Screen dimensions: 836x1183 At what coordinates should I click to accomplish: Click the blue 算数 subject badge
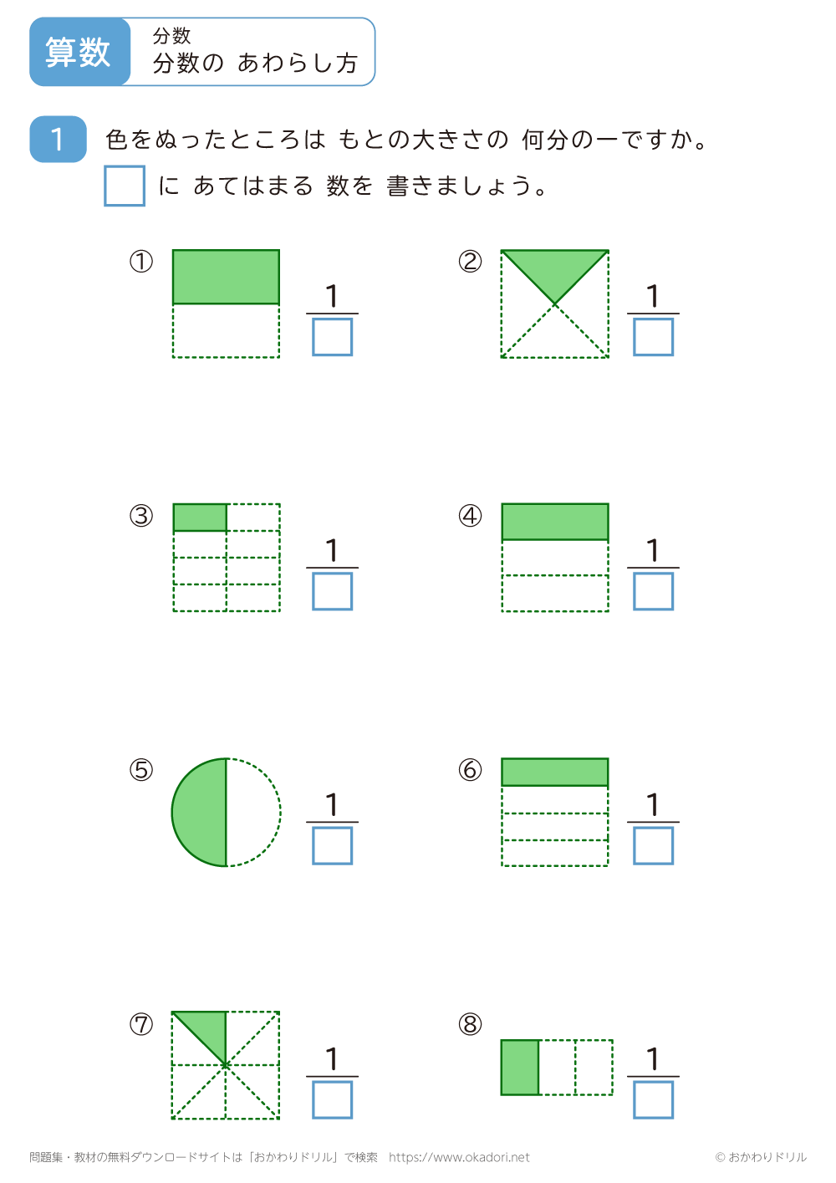pyautogui.click(x=79, y=52)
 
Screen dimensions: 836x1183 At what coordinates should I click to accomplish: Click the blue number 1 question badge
pyautogui.click(x=58, y=139)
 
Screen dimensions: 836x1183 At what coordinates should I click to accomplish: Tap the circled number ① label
pyautogui.click(x=141, y=262)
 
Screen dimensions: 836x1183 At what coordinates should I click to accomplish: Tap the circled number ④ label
pyautogui.click(x=470, y=516)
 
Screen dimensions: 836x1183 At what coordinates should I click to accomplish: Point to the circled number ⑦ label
pyautogui.click(x=141, y=1024)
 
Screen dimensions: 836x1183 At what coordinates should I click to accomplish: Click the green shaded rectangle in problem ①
pyautogui.click(x=226, y=277)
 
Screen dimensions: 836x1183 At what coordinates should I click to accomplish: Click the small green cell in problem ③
pyautogui.click(x=200, y=517)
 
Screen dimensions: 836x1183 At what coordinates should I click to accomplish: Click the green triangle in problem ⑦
pyautogui.click(x=208, y=1029)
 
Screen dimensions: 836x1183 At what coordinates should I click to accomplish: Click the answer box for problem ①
pyautogui.click(x=332, y=337)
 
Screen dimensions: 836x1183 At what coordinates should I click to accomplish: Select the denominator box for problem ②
pyautogui.click(x=653, y=337)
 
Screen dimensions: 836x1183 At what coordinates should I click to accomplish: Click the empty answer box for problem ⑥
pyautogui.click(x=653, y=845)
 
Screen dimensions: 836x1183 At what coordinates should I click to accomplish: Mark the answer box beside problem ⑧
pyautogui.click(x=653, y=1099)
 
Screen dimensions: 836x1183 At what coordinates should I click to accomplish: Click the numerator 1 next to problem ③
pyautogui.click(x=332, y=550)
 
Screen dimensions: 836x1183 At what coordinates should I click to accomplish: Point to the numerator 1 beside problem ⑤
pyautogui.click(x=332, y=804)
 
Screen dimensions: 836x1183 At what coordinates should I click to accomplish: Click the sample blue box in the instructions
pyautogui.click(x=125, y=186)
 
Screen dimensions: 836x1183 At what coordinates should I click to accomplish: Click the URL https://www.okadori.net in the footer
pyautogui.click(x=459, y=1157)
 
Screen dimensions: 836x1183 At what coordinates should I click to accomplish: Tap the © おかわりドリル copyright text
pyautogui.click(x=761, y=1157)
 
